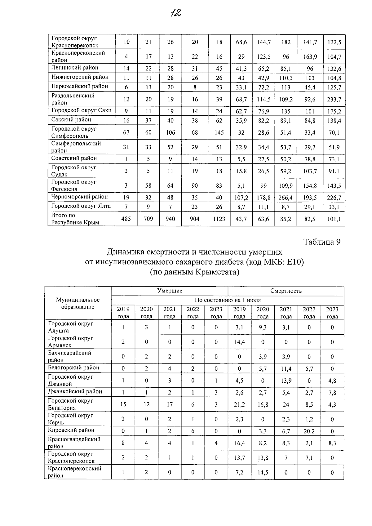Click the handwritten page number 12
pyautogui.click(x=175, y=13)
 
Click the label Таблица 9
pyautogui.click(x=321, y=242)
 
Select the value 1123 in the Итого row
pyautogui.click(x=219, y=219)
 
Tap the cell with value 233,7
pyautogui.click(x=334, y=100)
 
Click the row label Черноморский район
pyautogui.click(x=80, y=197)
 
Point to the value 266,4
pyautogui.click(x=286, y=198)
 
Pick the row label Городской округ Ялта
pyautogui.click(x=81, y=206)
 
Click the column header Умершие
pyautogui.click(x=170, y=291)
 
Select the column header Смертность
pyautogui.click(x=286, y=291)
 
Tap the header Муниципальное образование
pyautogui.click(x=78, y=303)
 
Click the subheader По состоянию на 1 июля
pyautogui.click(x=228, y=300)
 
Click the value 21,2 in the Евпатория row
pyautogui.click(x=239, y=405)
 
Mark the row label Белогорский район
pyautogui.click(x=73, y=368)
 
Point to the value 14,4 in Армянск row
pyautogui.click(x=239, y=342)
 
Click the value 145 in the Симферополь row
pyautogui.click(x=219, y=133)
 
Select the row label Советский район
pyautogui.click(x=74, y=158)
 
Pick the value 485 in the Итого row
pyautogui.click(x=126, y=219)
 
